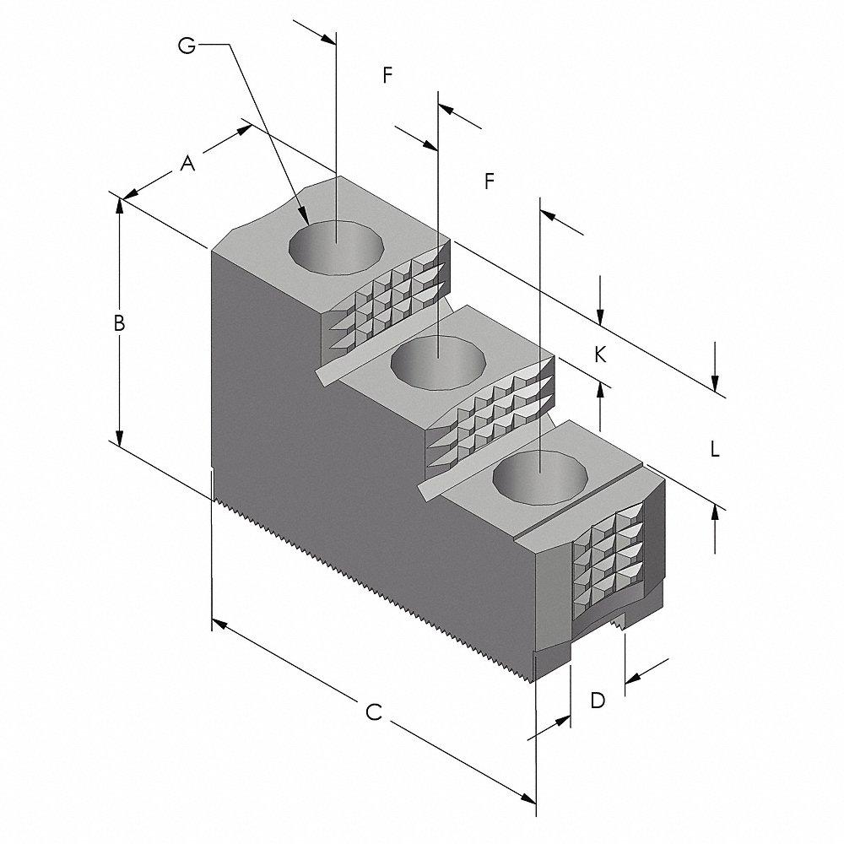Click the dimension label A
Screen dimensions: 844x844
pos(187,164)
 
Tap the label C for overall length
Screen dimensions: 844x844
pos(374,713)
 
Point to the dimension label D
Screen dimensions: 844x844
pos(597,700)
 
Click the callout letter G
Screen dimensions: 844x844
pos(187,46)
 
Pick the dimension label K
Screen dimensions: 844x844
pos(600,354)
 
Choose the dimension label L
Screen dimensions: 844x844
pos(714,450)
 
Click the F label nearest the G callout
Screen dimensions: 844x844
pos(387,75)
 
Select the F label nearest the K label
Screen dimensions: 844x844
pos(488,181)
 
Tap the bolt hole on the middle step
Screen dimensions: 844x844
pos(439,361)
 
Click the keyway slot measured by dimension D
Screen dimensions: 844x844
pos(601,631)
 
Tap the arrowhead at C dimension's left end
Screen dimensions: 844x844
pos(216,623)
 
